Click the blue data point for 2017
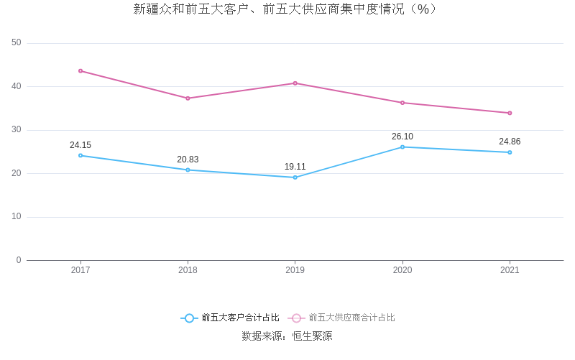pos(80,155)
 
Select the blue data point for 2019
pos(295,177)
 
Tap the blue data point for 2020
pos(402,147)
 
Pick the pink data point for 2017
pos(80,70)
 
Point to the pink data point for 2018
pos(188,98)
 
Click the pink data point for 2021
pos(510,113)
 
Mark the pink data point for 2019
pos(295,83)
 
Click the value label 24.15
pos(80,145)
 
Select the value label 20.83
pos(188,160)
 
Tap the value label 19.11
pos(295,167)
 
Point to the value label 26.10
pos(402,137)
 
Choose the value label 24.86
pos(510,142)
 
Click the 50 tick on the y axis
pos(17,43)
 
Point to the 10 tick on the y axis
pos(17,217)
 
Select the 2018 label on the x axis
pos(188,270)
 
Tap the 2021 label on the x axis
pos(510,270)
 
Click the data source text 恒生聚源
pos(312,336)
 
